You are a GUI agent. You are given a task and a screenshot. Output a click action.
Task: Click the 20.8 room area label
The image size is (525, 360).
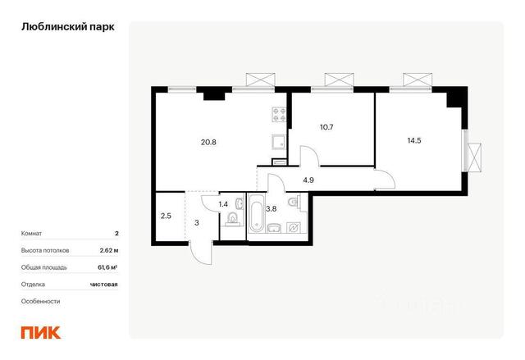click(208, 142)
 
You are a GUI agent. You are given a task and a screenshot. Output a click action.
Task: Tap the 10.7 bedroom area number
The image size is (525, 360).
click(326, 127)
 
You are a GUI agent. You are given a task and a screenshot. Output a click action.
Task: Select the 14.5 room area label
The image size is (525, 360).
click(414, 140)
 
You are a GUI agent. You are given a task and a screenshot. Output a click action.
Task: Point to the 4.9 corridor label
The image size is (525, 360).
click(308, 180)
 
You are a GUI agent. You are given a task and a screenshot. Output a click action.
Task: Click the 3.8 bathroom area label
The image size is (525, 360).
click(271, 209)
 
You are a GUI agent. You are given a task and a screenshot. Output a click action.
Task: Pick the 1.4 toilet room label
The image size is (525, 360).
click(223, 203)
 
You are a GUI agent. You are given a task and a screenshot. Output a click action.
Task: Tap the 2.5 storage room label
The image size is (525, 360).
click(166, 216)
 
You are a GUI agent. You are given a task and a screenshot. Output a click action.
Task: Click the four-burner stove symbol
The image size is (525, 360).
click(279, 114)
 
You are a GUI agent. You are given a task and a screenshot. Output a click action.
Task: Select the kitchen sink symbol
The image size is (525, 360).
click(279, 142)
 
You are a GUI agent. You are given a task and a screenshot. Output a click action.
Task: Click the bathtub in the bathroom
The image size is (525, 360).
click(257, 213)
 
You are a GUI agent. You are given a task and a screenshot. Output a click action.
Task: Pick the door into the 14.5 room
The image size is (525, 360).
click(385, 180)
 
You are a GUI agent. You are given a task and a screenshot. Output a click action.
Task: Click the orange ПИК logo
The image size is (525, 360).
click(41, 332)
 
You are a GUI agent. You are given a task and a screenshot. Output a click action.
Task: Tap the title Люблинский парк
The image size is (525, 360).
click(68, 27)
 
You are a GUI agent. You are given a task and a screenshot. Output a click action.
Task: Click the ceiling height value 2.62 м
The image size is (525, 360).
click(109, 250)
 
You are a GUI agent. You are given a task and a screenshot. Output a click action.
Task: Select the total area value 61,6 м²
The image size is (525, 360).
click(107, 267)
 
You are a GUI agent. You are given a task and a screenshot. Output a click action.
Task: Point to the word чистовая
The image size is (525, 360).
click(104, 285)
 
